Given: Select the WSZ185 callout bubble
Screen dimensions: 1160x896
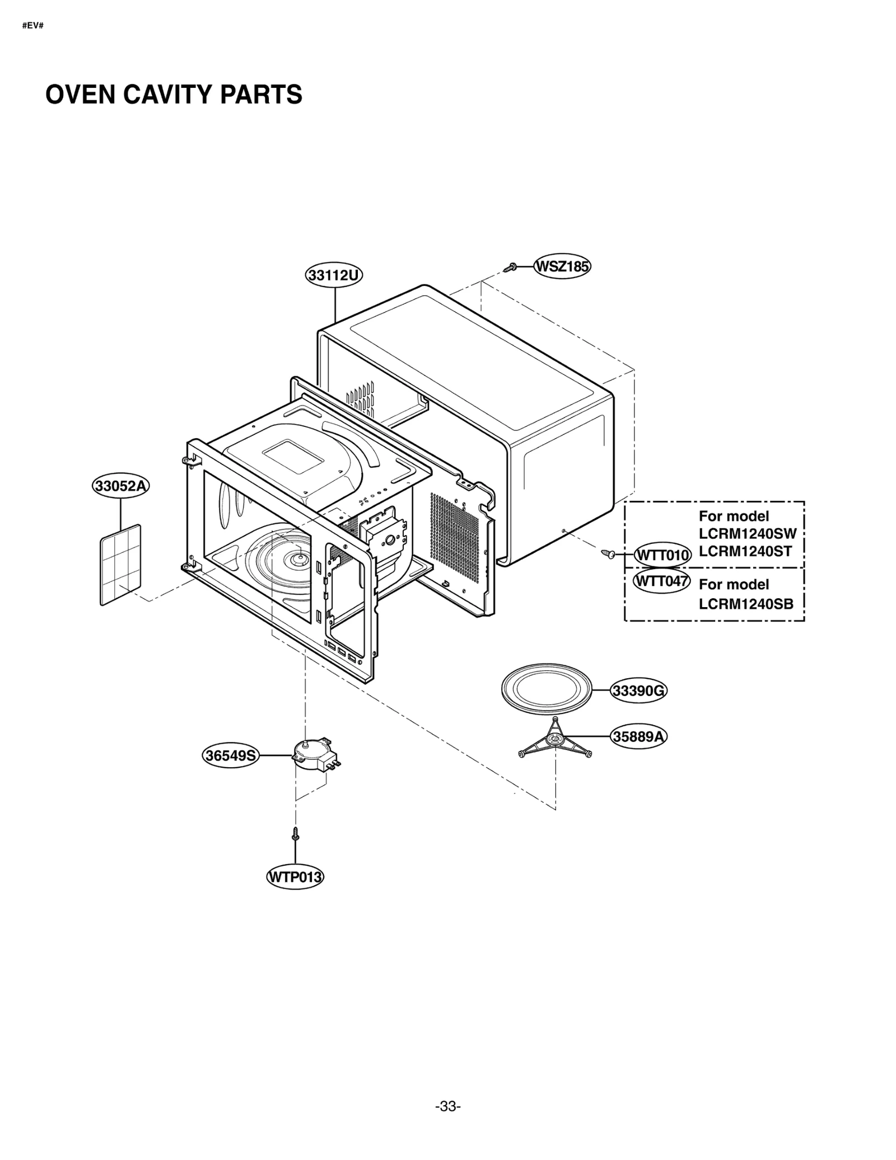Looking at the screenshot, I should click(x=562, y=266).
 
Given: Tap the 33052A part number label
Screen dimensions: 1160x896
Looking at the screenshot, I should click(x=121, y=486).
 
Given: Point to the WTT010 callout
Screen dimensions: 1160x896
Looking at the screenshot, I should click(x=662, y=556).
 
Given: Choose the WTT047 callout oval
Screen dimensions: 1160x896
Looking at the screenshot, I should click(x=661, y=581).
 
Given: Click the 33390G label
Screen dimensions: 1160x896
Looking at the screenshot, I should click(x=638, y=691).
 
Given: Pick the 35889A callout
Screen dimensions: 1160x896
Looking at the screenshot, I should click(x=638, y=736).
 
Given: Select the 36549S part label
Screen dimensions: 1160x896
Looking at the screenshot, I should click(x=231, y=755).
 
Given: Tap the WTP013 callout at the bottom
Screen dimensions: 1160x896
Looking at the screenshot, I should click(x=295, y=876).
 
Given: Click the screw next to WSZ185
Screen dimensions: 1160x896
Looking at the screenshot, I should click(x=510, y=268).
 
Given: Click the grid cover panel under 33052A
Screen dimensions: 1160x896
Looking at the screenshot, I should click(x=120, y=564).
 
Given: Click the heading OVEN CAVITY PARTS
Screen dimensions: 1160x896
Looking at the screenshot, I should click(x=174, y=95).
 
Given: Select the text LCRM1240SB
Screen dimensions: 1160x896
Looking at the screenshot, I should click(x=746, y=604).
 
